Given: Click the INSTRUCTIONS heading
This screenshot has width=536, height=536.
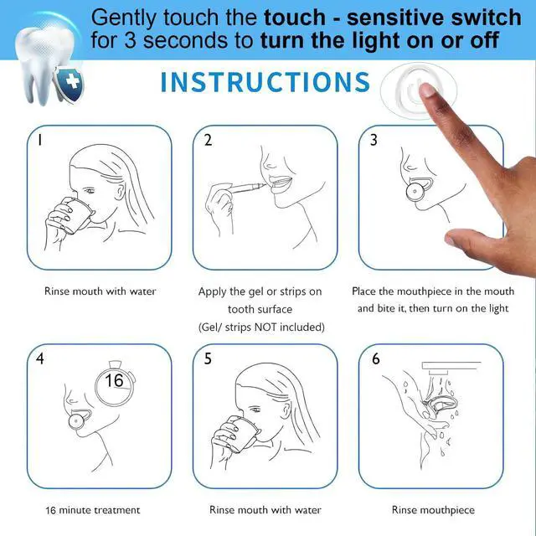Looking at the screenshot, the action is [265, 82].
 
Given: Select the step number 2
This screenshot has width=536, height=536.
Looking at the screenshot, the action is [208, 140].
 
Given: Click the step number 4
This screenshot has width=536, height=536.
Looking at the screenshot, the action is [40, 358].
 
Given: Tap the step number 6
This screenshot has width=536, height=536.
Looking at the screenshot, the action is [376, 358].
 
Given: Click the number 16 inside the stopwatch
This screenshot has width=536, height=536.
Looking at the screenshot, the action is [114, 380].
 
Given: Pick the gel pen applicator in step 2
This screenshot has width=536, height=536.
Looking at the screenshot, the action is [247, 188].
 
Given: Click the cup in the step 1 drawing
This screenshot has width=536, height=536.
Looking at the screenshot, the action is [76, 215].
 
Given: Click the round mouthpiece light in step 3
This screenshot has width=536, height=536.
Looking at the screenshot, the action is [415, 192].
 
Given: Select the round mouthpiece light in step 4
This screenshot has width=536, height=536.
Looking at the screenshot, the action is [76, 421].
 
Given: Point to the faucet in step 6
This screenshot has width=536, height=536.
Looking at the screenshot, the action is [451, 367].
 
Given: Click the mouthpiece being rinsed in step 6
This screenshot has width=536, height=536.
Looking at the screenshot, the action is [441, 407].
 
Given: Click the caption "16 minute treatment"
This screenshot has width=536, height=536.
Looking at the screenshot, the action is [93, 510].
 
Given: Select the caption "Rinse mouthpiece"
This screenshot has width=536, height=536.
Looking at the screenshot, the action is [433, 510].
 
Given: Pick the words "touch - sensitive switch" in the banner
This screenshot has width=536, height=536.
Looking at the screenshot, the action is [393, 17].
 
